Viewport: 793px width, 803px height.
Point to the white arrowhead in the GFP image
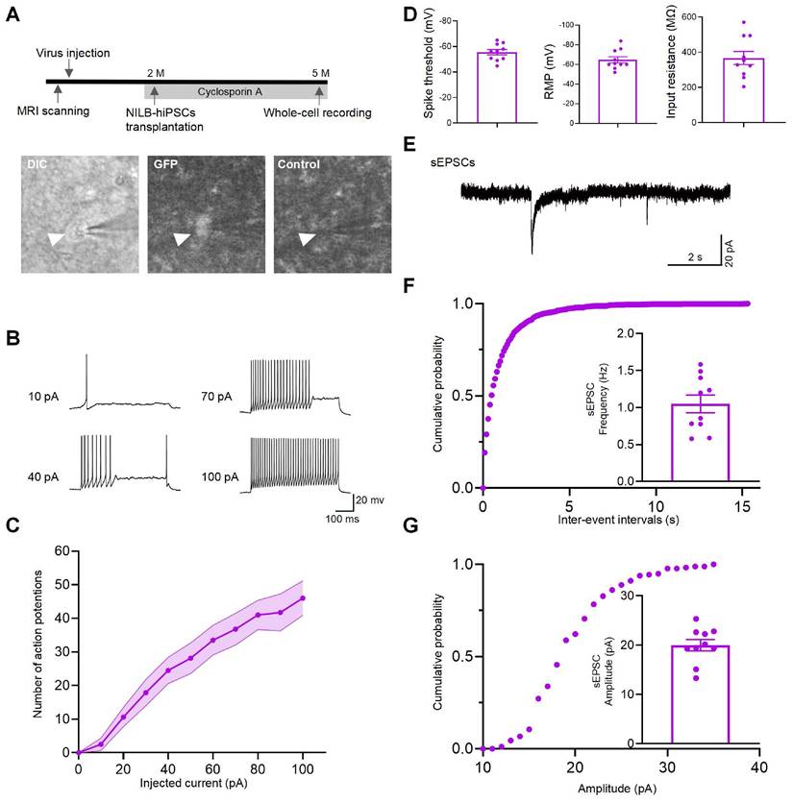pos(179,239)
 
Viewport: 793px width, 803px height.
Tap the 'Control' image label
pos(298,164)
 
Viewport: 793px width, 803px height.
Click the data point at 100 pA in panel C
pos(303,597)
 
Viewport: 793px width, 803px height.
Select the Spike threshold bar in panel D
pos(496,87)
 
